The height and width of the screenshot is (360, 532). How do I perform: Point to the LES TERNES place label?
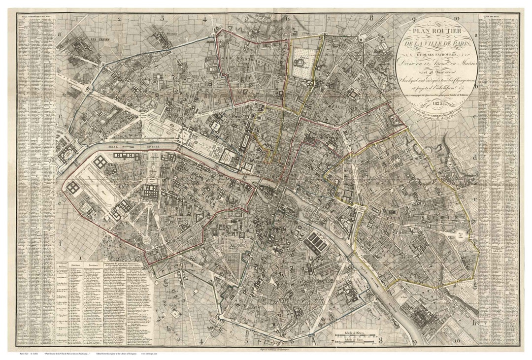tap(90, 38)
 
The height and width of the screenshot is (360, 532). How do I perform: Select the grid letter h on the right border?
tap(474, 324)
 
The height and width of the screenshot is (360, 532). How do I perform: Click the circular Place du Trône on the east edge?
tap(461, 235)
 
